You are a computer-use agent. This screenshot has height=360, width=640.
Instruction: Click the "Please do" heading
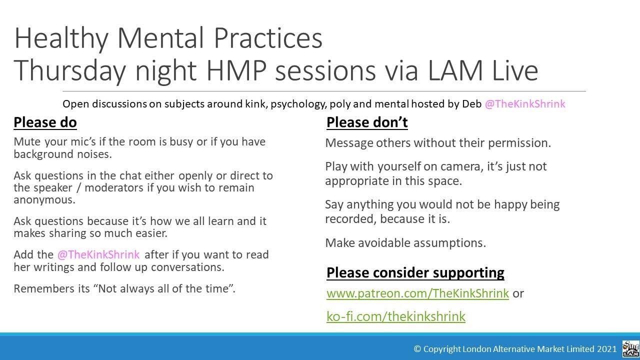(45, 122)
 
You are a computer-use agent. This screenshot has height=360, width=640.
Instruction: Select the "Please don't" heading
(367, 122)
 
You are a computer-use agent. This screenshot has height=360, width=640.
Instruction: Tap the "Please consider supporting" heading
(415, 272)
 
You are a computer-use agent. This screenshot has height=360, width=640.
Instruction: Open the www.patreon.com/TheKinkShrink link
(417, 293)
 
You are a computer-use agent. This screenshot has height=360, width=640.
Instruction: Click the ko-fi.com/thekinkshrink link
(395, 316)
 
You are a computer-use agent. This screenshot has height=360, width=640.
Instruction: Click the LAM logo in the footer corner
(630, 348)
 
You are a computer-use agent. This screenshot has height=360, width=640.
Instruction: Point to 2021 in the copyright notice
(607, 349)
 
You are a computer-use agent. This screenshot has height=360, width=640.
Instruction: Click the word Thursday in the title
(69, 70)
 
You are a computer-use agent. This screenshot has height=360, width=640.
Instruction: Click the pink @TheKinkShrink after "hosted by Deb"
(525, 104)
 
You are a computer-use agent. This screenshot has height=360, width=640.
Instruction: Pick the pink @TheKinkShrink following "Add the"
(98, 254)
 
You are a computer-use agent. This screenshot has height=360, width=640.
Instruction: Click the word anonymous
(44, 199)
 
